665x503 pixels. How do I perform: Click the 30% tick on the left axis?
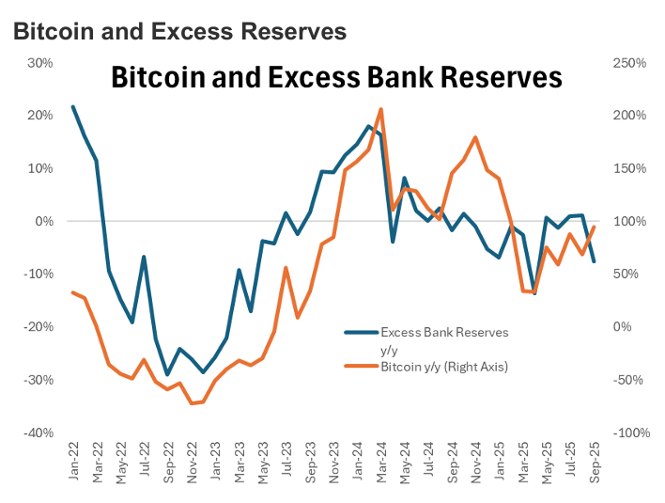pyautogui.click(x=39, y=63)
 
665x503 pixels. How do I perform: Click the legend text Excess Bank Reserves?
pyautogui.click(x=444, y=332)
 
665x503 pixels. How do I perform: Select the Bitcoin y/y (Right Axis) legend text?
pyautogui.click(x=444, y=366)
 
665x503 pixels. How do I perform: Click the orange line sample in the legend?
pyautogui.click(x=360, y=366)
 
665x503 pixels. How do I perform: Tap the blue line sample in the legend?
pyautogui.click(x=360, y=332)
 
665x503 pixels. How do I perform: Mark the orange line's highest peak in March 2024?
pyautogui.click(x=380, y=109)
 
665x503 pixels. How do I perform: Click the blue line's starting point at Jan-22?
pyautogui.click(x=73, y=106)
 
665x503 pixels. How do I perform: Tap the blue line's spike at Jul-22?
pyautogui.click(x=144, y=257)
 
